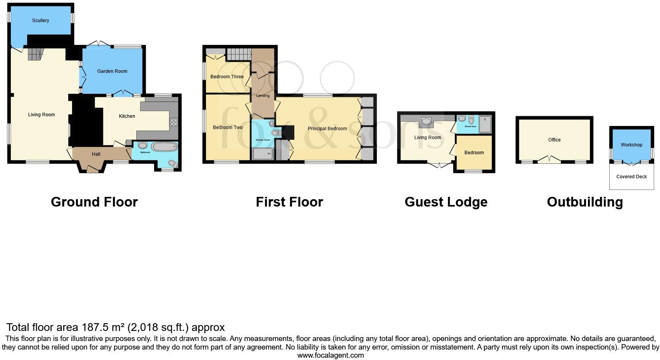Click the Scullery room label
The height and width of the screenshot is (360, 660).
click(x=41, y=21)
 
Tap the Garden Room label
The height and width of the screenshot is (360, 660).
click(x=112, y=71)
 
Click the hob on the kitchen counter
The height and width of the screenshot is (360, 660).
click(x=174, y=122)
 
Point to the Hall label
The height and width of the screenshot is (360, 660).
click(x=96, y=154)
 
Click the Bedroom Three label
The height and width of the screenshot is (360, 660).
click(x=227, y=77)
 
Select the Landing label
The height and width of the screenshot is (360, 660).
click(x=263, y=96)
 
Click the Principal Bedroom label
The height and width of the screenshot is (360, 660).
click(x=327, y=129)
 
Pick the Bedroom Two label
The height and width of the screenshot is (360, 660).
click(x=228, y=127)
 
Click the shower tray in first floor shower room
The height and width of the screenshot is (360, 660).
click(x=263, y=155)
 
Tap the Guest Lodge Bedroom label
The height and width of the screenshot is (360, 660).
click(x=474, y=153)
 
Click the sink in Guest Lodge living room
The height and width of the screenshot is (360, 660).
click(x=426, y=121)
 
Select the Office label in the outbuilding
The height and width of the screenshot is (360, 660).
click(x=554, y=140)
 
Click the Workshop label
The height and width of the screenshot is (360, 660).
click(x=631, y=145)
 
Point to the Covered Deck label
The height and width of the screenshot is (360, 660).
click(x=631, y=177)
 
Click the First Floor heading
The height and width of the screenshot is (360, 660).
click(x=289, y=202)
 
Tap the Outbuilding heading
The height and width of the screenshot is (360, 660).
click(x=584, y=202)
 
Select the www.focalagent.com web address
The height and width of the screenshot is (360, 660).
click(x=330, y=355)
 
